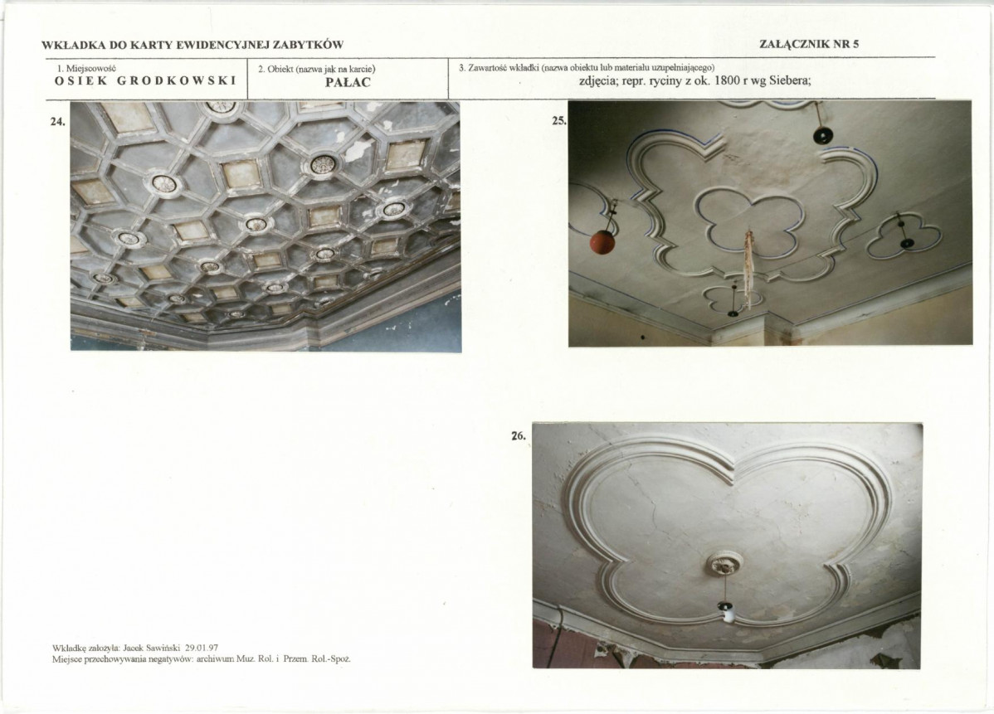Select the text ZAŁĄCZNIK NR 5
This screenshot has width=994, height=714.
coord(809,44)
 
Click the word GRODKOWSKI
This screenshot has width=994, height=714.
coord(177,81)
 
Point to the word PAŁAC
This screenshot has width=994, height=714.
coord(348,82)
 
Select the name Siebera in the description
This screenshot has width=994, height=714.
coord(791,81)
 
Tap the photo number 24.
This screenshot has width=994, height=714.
coord(58,122)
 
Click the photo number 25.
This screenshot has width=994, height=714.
coord(559,119)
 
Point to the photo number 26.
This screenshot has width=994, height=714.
coord(519,436)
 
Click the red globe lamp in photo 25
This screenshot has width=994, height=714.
coord(603,242)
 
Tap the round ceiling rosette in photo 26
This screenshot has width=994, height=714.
coord(725,563)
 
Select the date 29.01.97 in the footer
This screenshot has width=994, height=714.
coord(202,648)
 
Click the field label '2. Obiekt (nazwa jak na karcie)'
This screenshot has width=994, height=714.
coord(317,69)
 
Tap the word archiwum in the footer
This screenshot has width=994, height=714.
coord(216,659)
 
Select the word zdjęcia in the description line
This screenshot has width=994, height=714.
coord(599,82)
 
